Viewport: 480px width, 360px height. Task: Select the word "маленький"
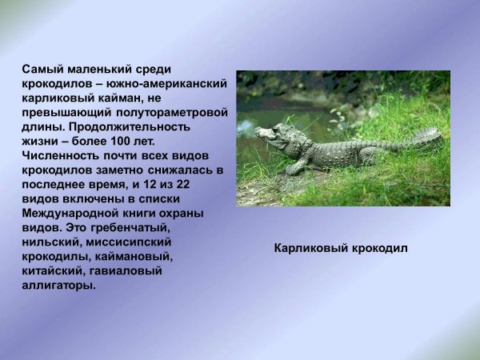pyautogui.click(x=100, y=70)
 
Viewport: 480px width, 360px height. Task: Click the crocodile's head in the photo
pyautogui.click(x=272, y=134)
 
